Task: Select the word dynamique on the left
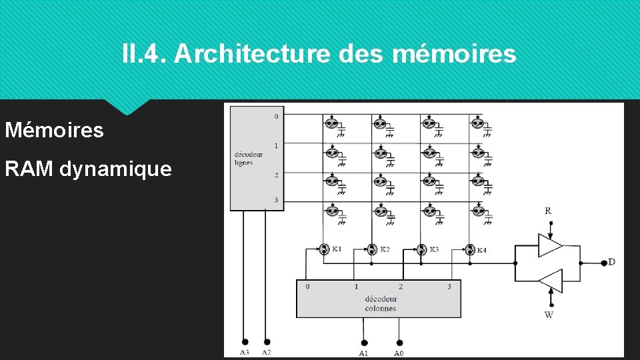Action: point(115,169)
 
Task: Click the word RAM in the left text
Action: point(29,169)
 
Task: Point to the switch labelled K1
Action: point(324,249)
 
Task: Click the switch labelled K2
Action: point(372,249)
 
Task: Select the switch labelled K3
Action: point(421,249)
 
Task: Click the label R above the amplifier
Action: point(548,211)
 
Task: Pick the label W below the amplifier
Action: point(549,315)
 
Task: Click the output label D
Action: point(611,262)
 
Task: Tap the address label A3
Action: point(245,351)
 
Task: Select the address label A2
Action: point(267,351)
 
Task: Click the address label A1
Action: point(363,353)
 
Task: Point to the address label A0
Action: point(399,353)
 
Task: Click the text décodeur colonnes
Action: point(380,304)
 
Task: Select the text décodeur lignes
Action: point(248,159)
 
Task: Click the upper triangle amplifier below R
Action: point(550,245)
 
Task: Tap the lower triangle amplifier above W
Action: point(550,280)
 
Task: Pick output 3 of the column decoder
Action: point(449,287)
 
